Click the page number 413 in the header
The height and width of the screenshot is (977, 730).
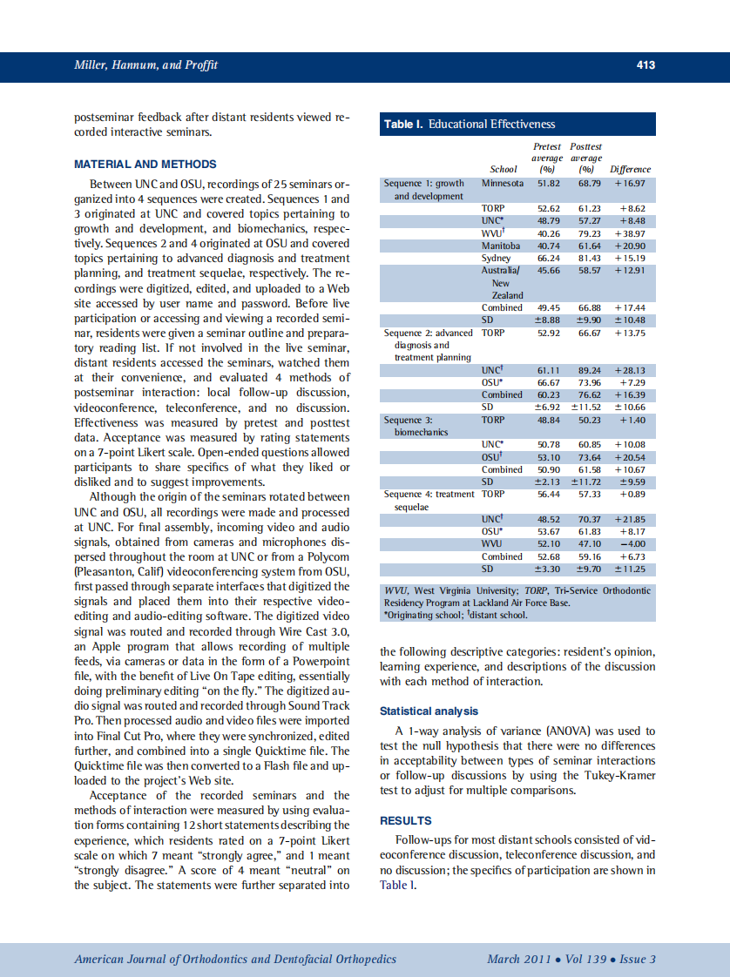pos(646,65)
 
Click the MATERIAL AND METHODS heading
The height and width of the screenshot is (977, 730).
pos(145,164)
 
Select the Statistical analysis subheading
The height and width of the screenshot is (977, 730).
pos(429,711)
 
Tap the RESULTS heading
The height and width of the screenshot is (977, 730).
pos(406,820)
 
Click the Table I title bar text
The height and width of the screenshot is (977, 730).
pos(470,125)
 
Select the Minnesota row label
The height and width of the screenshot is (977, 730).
pos(503,184)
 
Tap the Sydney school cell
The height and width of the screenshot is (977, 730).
pos(497,259)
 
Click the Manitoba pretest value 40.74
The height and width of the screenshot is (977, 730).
pos(548,246)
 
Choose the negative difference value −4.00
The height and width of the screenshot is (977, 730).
pos(632,544)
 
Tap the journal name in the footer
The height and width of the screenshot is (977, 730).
pos(235,960)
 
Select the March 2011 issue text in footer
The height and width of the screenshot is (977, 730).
pos(518,960)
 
